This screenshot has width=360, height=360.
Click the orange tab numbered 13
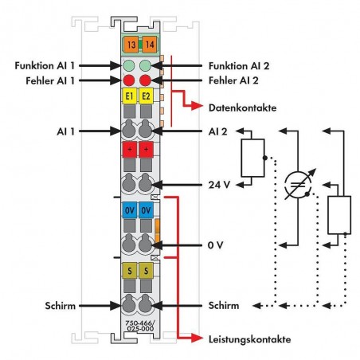click(131, 45)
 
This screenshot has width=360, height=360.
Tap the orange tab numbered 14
click(150, 45)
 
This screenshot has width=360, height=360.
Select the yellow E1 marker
click(130, 96)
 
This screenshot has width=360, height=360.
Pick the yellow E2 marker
click(146, 96)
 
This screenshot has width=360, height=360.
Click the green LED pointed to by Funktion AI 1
click(129, 65)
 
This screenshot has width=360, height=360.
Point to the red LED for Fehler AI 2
click(145, 80)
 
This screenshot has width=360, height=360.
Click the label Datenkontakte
click(242, 108)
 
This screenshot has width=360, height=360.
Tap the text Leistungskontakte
click(249, 339)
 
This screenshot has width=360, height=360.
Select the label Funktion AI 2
click(239, 66)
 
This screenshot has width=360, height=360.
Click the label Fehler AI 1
click(50, 80)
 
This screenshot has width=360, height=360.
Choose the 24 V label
click(219, 185)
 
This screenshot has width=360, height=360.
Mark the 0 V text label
click(215, 245)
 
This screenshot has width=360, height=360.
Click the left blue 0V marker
click(130, 210)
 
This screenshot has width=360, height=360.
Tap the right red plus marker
click(146, 150)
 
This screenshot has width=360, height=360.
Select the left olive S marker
click(130, 271)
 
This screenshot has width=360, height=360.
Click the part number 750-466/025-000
click(140, 326)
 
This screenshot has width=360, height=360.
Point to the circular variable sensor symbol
click(298, 185)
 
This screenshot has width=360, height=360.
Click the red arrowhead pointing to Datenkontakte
click(197, 106)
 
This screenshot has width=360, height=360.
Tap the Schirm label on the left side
click(61, 306)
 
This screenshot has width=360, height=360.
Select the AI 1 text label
click(66, 131)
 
